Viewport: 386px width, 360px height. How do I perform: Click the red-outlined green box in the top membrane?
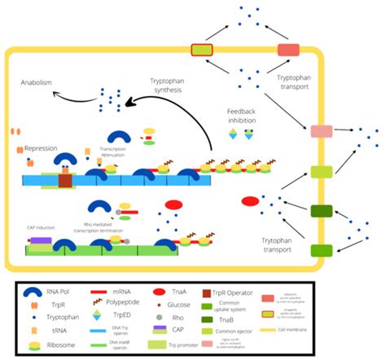pos(201,50)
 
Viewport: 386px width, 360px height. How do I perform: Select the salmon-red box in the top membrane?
pos(288,50)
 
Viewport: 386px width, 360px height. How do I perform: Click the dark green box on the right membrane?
pos(321,212)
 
